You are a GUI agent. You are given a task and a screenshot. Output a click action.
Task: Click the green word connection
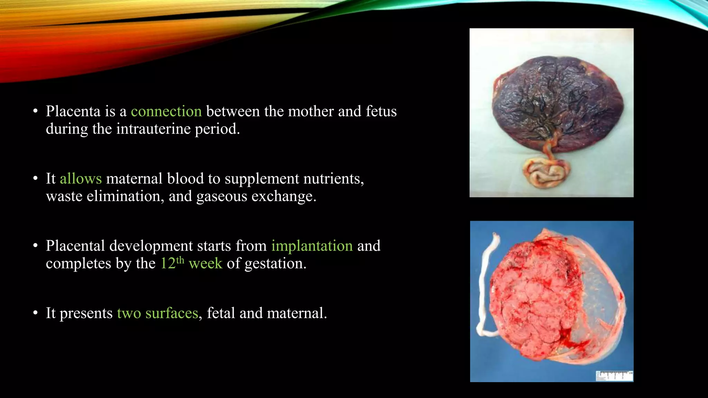tap(166, 112)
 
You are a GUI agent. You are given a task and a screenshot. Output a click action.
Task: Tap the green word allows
tap(81, 179)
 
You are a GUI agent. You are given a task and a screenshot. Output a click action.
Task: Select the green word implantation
tap(312, 246)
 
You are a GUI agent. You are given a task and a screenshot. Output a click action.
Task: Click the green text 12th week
tap(191, 263)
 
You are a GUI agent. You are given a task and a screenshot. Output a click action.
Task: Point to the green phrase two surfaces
tap(157, 313)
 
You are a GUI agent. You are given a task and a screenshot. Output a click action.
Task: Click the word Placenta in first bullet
tap(73, 112)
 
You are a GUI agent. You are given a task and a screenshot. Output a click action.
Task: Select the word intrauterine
tap(153, 129)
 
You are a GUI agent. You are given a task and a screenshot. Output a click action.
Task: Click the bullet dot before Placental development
tap(35, 246)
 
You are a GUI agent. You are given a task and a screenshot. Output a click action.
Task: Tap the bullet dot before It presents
tap(35, 313)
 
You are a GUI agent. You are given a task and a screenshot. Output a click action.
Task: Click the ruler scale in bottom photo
tap(614, 375)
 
